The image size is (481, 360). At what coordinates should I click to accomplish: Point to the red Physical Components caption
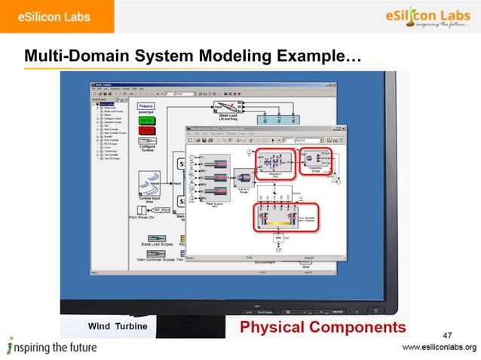point(322,327)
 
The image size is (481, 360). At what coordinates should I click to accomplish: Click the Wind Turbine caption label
point(118,326)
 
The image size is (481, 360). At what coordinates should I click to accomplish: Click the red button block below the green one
point(147,129)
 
